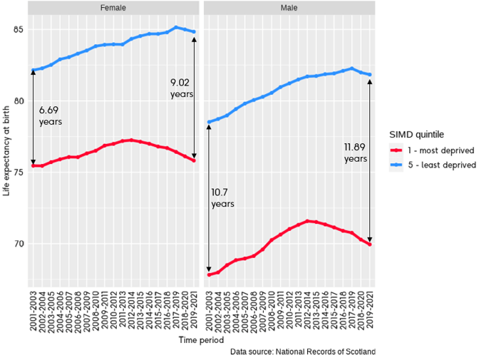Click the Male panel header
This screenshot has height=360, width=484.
(x=289, y=8)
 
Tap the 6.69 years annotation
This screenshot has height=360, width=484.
(x=50, y=115)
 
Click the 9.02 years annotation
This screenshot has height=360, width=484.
(x=181, y=88)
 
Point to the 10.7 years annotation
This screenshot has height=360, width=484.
(x=222, y=197)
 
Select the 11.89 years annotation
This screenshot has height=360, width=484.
(x=356, y=153)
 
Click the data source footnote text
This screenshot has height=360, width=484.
(x=302, y=351)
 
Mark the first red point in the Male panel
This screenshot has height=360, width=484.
(x=209, y=274)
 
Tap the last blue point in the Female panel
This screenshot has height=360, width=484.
(x=194, y=32)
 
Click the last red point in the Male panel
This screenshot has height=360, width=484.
(x=370, y=245)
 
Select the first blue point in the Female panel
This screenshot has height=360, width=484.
(x=33, y=70)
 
